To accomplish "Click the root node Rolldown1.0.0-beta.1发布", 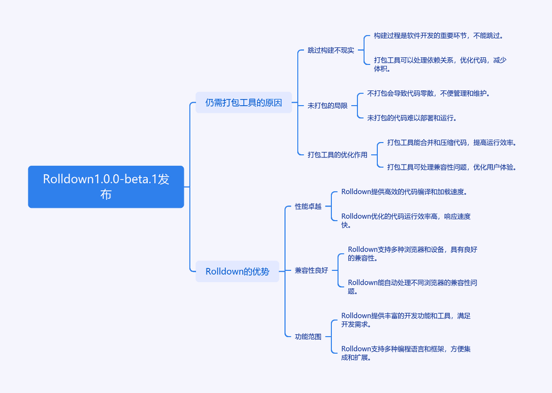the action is click(x=106, y=187).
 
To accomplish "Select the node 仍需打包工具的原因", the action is click(x=244, y=103).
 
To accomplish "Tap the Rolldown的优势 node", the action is click(x=237, y=271).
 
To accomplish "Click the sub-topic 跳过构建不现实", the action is click(x=331, y=51).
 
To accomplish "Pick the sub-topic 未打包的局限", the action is click(x=328, y=106).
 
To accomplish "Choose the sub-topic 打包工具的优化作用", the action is click(x=337, y=155).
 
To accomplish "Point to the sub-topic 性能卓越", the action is click(x=308, y=206).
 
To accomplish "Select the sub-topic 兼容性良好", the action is click(x=311, y=270).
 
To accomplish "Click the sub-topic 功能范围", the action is click(x=308, y=337).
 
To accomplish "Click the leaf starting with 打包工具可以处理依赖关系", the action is click(x=440, y=64).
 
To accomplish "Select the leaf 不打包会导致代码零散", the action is click(x=428, y=94).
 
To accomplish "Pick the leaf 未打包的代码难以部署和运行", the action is click(x=412, y=118).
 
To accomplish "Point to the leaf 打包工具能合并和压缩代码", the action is click(x=452, y=143).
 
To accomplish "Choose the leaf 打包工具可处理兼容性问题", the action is click(x=452, y=167).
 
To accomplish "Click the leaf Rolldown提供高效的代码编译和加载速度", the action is click(x=404, y=192).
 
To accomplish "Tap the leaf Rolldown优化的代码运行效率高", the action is click(x=406, y=220).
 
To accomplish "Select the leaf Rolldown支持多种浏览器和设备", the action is click(x=412, y=253).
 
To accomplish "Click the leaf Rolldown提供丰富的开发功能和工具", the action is click(x=406, y=320).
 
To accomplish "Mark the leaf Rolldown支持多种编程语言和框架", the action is click(x=406, y=353).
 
